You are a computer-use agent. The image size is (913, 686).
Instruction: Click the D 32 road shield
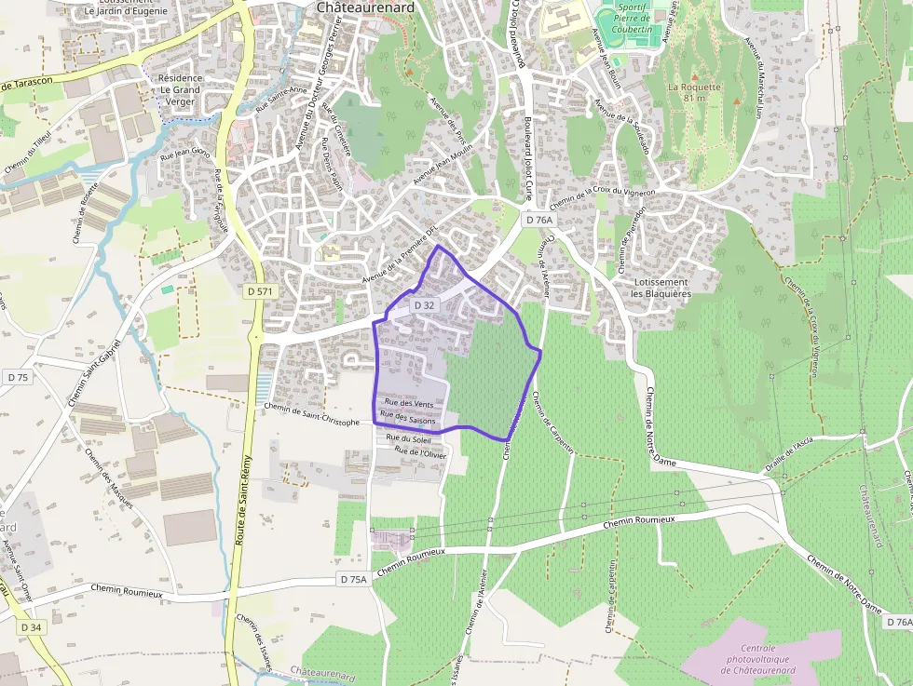[x=424, y=305]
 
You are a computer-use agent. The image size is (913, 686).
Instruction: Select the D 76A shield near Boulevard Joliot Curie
[x=538, y=221]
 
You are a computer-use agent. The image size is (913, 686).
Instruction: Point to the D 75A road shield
[x=354, y=579]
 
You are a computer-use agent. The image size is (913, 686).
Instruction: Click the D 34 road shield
[x=30, y=627]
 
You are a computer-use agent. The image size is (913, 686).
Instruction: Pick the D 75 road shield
[x=18, y=377]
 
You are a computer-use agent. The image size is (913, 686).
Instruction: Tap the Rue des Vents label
[x=409, y=404]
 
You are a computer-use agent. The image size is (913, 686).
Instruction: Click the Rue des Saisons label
[x=408, y=421]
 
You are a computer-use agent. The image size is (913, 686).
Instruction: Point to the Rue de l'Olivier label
[x=421, y=453]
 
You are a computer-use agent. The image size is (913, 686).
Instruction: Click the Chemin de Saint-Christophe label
[x=311, y=414]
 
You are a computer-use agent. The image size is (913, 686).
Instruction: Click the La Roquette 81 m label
[x=694, y=92]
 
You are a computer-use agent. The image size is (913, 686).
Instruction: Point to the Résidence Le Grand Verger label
[x=180, y=90]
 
